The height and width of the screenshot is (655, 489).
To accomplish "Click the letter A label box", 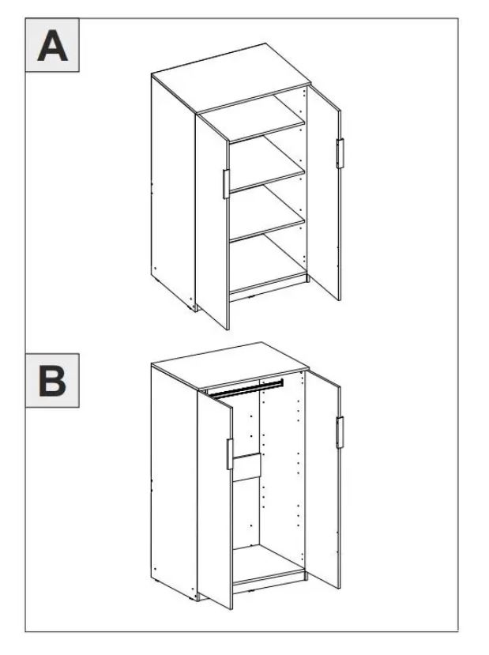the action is tap(52, 45).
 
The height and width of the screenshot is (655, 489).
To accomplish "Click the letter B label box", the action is tap(52, 381).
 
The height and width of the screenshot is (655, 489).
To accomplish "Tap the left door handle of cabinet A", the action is tap(226, 184).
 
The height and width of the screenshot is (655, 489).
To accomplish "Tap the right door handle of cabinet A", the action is tap(340, 153).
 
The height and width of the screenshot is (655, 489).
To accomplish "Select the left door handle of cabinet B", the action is tap(230, 454).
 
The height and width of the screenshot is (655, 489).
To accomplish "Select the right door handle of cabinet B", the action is tap(340, 432).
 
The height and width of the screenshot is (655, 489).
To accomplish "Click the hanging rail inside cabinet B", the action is tap(246, 389).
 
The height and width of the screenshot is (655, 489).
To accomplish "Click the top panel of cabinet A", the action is tap(231, 77).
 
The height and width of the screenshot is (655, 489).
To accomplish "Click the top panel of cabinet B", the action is tap(230, 367).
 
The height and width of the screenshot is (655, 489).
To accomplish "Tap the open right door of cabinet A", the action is tap(324, 193).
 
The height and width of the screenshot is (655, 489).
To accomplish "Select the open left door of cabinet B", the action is tap(215, 499).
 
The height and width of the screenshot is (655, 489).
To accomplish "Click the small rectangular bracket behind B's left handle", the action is tap(246, 467).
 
